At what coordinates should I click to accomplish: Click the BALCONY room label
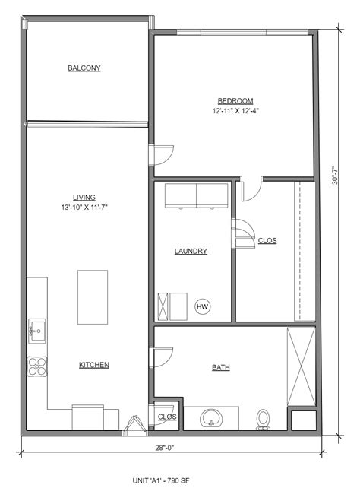[84, 68]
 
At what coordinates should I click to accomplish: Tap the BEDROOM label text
[235, 101]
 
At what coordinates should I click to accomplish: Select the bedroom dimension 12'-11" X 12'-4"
[235, 111]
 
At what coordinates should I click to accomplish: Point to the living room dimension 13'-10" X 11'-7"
[84, 208]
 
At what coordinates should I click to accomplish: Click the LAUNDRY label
[191, 251]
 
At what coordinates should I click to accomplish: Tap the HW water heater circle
[202, 306]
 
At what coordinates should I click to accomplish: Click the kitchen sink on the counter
[37, 331]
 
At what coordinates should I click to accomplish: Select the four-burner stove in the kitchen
[37, 366]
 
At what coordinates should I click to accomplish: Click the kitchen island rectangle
[93, 297]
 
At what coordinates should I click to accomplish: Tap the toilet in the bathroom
[263, 420]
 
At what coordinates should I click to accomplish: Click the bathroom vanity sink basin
[211, 418]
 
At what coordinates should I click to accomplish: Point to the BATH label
[221, 367]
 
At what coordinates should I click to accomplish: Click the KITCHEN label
[94, 365]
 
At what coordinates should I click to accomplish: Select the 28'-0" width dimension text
[165, 448]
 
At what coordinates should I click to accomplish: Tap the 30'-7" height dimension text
[335, 175]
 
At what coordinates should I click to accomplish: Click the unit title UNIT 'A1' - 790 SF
[161, 481]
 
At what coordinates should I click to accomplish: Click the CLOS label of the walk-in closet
[267, 241]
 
